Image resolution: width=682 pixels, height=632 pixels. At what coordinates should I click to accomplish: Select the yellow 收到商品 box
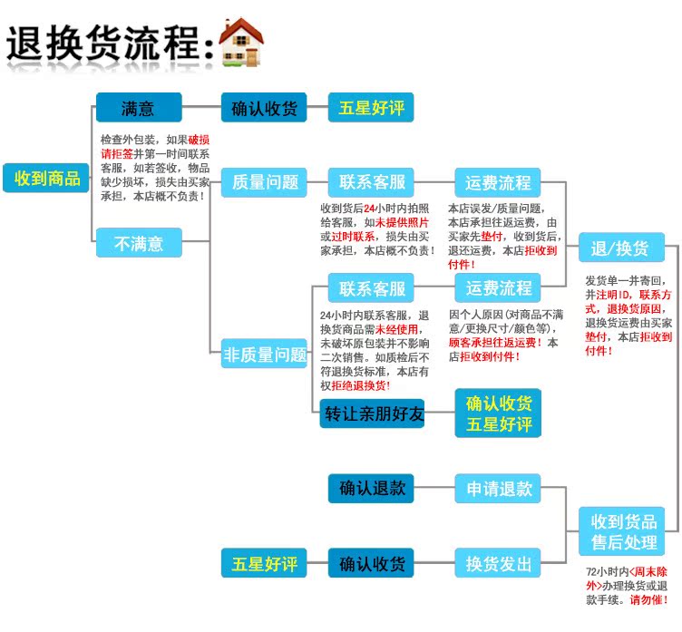(47, 178)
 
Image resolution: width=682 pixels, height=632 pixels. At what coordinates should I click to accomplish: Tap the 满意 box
(138, 108)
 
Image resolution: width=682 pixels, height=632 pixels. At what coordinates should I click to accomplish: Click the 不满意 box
(138, 243)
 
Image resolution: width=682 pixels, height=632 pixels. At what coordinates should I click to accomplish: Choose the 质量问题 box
(265, 181)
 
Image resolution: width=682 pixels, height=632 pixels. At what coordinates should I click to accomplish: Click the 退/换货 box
(621, 248)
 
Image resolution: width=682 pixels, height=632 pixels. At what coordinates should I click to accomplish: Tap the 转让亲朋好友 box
(372, 413)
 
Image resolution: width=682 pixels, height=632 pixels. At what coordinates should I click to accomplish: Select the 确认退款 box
(372, 489)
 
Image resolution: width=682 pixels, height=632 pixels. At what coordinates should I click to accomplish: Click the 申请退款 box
(498, 489)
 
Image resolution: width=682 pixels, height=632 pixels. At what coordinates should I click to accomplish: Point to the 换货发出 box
(498, 563)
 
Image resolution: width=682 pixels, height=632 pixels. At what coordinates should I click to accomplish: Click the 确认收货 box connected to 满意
(264, 108)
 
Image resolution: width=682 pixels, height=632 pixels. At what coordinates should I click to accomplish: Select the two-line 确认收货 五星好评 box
(498, 413)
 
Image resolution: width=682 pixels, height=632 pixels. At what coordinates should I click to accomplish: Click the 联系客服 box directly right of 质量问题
(372, 181)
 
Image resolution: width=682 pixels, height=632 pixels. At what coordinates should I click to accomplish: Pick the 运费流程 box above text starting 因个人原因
(498, 288)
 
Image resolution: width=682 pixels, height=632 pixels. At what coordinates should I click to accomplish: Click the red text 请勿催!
(648, 599)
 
